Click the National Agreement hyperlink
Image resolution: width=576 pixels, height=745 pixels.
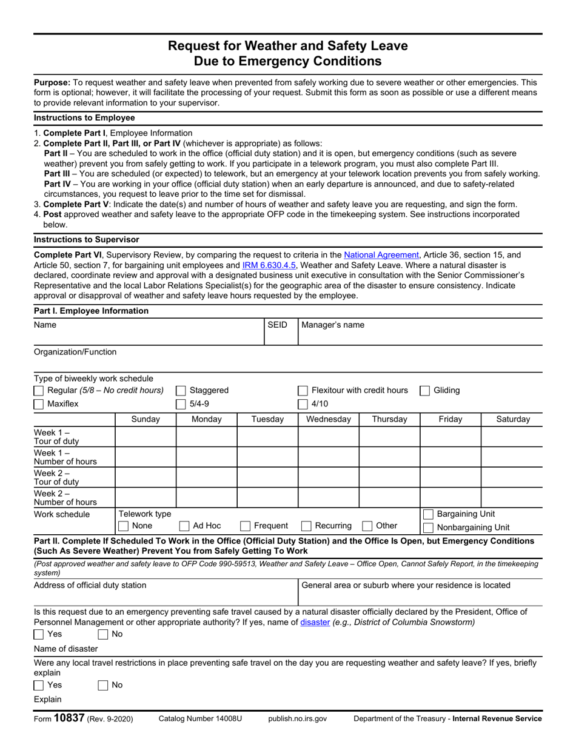[x=381, y=255]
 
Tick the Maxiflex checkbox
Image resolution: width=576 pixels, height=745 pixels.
[x=39, y=404]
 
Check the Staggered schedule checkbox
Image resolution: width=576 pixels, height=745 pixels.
[x=181, y=391]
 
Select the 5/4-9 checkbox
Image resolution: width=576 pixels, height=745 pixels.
[x=181, y=404]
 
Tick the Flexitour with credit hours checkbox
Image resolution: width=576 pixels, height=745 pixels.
[x=303, y=391]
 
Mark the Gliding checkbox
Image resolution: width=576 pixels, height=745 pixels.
[x=425, y=391]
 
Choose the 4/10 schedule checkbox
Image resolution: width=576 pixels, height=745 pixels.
[x=303, y=404]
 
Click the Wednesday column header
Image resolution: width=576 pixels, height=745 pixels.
[x=329, y=419]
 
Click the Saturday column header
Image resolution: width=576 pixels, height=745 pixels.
[x=512, y=419]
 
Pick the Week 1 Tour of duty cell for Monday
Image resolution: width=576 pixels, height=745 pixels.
[x=206, y=437]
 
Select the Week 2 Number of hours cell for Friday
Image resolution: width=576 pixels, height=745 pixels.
[x=450, y=497]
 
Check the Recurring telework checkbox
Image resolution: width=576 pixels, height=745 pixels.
[x=307, y=526]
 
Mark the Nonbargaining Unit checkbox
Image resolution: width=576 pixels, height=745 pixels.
[x=428, y=528]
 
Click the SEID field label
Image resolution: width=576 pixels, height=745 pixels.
[x=277, y=325]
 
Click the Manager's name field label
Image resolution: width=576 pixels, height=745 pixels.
[x=333, y=325]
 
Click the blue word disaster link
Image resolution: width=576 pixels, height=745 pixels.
[x=315, y=622]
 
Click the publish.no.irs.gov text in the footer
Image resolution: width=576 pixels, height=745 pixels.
[x=297, y=719]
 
